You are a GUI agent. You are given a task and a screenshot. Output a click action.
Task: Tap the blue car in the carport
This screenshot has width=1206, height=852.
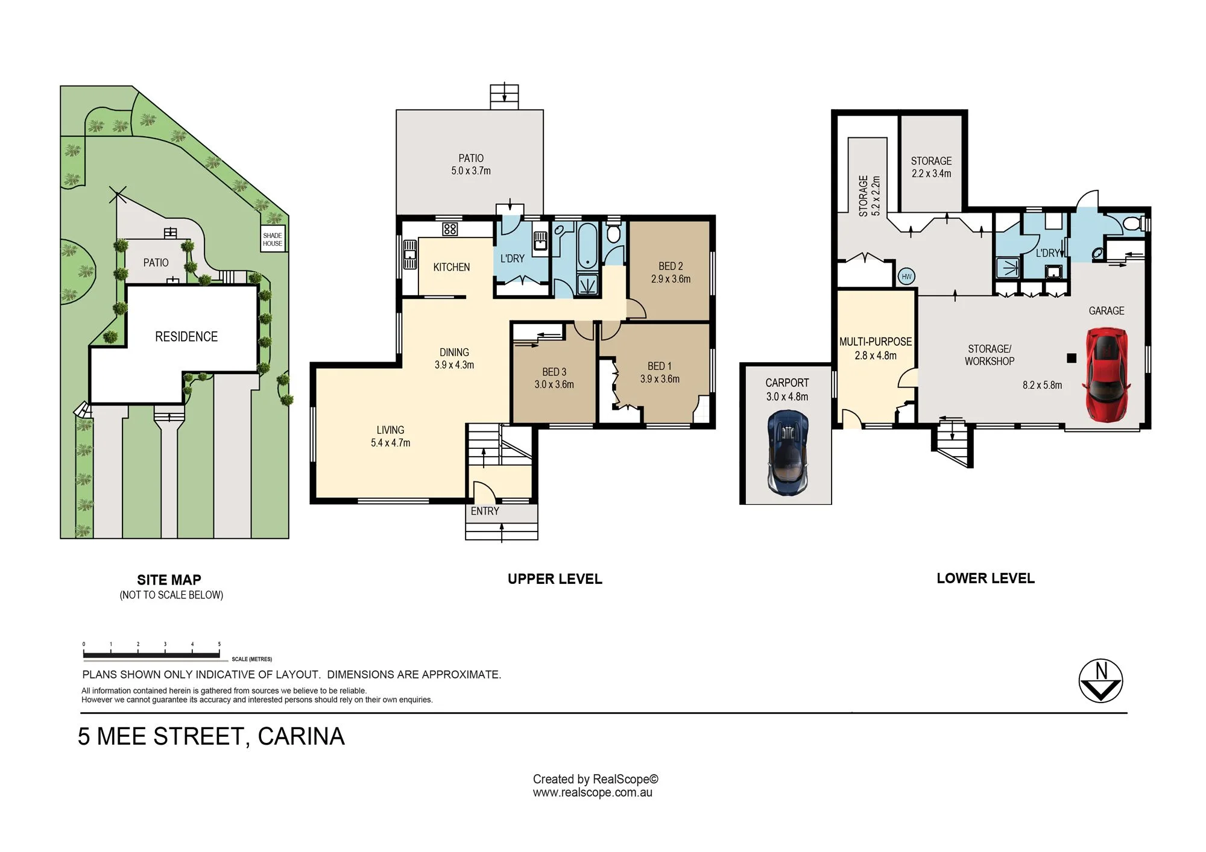pyautogui.click(x=788, y=453)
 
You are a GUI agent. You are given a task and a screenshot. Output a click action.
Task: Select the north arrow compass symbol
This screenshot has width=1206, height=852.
pyautogui.click(x=1100, y=681)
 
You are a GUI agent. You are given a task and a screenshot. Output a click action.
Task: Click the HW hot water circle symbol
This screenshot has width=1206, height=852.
pyautogui.click(x=906, y=277)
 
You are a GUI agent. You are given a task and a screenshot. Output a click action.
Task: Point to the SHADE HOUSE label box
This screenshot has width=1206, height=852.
pyautogui.click(x=273, y=240)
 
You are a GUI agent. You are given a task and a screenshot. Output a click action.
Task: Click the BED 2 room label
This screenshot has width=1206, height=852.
pyautogui.click(x=671, y=266)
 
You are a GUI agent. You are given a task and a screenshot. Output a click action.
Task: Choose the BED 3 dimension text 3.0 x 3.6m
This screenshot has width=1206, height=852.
pyautogui.click(x=554, y=384)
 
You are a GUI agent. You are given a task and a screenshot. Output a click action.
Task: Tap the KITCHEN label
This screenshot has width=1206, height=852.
pyautogui.click(x=451, y=267)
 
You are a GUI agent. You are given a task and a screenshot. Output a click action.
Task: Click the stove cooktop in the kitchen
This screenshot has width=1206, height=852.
pyautogui.click(x=450, y=229)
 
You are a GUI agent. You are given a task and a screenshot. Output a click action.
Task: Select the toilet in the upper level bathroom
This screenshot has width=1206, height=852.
pyautogui.click(x=613, y=233)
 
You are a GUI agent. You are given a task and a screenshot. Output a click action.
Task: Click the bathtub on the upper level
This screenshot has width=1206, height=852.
pyautogui.click(x=587, y=246)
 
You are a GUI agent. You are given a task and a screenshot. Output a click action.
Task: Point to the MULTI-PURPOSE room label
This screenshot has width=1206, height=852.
pyautogui.click(x=876, y=342)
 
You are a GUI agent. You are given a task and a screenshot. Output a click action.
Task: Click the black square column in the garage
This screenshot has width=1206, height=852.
pyautogui.click(x=1072, y=358)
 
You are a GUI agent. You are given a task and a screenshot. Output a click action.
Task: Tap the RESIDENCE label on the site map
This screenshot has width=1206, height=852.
pyautogui.click(x=186, y=337)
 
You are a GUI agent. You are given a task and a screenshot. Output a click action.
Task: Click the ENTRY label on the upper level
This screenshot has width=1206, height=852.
pyautogui.click(x=485, y=511)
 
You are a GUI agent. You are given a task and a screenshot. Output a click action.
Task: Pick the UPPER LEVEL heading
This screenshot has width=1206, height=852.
pyautogui.click(x=555, y=579)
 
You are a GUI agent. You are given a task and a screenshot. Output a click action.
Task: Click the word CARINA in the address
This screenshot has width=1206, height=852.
pyautogui.click(x=301, y=736)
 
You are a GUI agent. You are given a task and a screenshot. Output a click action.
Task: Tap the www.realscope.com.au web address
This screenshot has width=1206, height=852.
pyautogui.click(x=592, y=793)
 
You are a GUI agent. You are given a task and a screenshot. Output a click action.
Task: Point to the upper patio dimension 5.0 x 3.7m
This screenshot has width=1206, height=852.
pyautogui.click(x=471, y=171)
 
